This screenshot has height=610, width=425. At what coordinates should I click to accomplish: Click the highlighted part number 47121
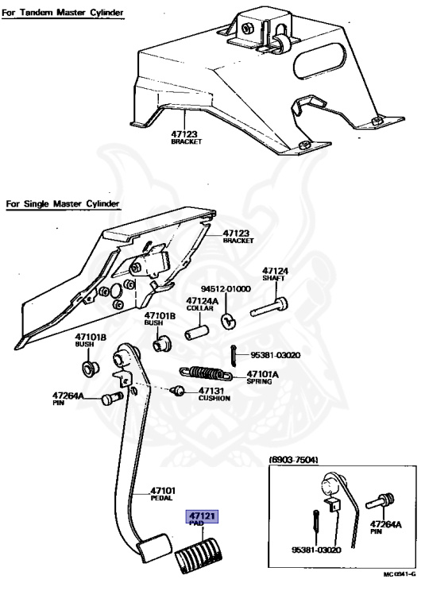(203, 515)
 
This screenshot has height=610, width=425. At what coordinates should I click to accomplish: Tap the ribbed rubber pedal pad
(199, 554)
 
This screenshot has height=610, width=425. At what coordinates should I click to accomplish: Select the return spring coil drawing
(206, 374)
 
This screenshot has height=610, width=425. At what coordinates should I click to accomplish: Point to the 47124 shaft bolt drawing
(269, 307)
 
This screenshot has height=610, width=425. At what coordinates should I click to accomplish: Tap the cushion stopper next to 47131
(177, 390)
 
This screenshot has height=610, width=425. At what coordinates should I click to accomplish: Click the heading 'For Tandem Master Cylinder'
(63, 13)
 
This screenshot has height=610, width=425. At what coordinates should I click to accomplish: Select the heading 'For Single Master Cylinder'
(63, 204)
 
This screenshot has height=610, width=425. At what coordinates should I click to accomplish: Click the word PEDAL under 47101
(161, 498)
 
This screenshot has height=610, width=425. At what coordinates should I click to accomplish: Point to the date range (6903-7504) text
(293, 460)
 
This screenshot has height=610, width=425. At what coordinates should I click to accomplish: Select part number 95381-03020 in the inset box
(316, 550)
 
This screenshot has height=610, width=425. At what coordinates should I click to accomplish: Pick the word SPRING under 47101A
(259, 381)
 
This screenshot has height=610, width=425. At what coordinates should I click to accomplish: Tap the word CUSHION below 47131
(214, 398)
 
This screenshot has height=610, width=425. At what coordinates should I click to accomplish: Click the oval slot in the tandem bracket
(319, 61)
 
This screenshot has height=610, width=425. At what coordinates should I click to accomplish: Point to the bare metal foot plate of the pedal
(154, 548)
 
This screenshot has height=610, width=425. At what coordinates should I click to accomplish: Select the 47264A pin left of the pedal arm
(112, 399)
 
